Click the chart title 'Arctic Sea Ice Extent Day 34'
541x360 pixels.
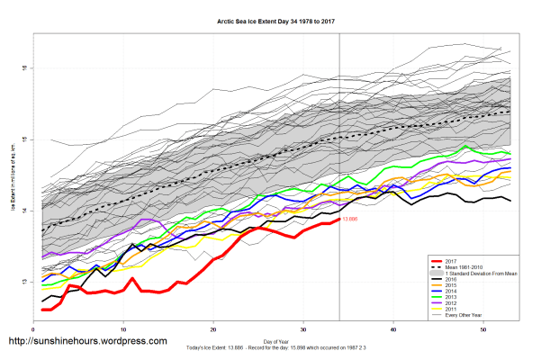(x=270, y=19)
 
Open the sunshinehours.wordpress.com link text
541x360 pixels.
(x=87, y=342)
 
